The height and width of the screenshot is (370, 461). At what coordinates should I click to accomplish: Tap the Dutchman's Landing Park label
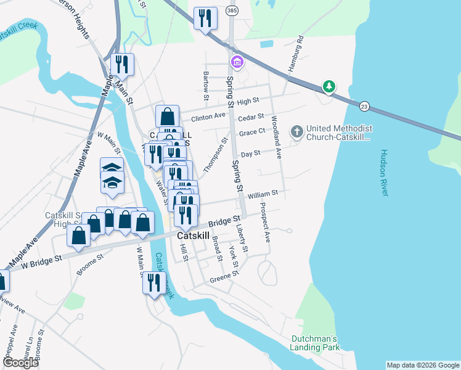coord(315,343)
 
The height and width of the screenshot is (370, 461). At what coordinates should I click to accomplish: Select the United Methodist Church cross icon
coord(296,131)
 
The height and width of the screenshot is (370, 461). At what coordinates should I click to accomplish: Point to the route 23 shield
coord(364,106)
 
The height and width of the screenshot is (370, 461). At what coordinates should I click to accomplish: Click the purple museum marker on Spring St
coord(236,62)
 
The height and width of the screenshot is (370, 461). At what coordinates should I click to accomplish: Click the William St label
coord(263,194)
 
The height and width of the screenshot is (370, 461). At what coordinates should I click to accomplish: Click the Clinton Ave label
coord(208,117)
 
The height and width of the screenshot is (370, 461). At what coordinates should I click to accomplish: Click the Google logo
coord(20,363)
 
